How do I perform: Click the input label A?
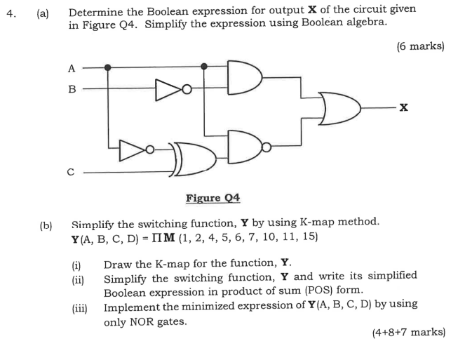coord(70,68)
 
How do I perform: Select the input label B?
coord(70,89)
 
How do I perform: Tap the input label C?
coord(70,171)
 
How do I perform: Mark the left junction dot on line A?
coord(107,67)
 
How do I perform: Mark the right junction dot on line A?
coord(204,67)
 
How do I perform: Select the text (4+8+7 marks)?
coord(408,332)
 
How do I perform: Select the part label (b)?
coord(46,223)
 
